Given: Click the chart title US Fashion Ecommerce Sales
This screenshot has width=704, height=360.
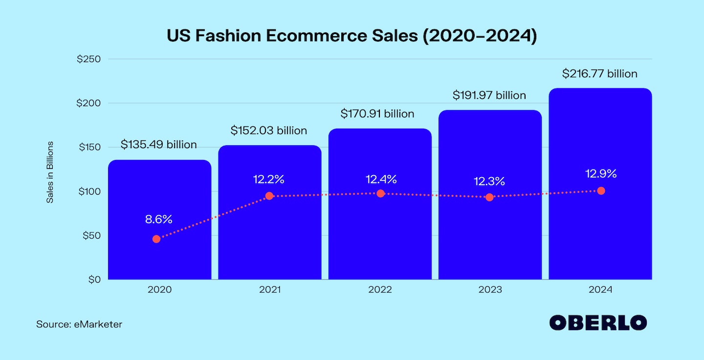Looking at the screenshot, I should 352,36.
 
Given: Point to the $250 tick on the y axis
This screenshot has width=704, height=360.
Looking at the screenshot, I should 88,59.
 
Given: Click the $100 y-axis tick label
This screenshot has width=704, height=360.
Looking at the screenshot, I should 88,191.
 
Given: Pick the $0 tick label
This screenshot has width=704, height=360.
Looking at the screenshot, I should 93,280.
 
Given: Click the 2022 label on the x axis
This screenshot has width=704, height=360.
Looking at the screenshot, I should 380,290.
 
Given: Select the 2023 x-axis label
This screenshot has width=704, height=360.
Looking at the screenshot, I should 490,290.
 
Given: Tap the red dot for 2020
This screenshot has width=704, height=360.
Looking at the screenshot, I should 156,239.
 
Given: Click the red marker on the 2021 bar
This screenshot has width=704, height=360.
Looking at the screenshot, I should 269,196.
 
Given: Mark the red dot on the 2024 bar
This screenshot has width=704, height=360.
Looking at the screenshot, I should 601,191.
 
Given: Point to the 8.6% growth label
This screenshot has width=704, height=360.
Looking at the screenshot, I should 159,220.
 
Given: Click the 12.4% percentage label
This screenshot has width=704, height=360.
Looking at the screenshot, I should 381,179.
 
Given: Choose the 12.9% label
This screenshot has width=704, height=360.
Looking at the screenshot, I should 601,174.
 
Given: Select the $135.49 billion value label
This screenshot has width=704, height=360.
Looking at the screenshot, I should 159,145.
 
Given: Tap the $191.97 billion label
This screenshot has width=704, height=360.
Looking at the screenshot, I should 489,95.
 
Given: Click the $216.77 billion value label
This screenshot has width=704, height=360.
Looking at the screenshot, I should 600,74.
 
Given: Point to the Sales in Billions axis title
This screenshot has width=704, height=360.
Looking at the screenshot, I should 50,173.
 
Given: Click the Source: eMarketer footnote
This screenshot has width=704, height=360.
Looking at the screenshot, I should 79,324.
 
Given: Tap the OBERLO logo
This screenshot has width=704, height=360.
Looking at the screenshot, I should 598,323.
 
